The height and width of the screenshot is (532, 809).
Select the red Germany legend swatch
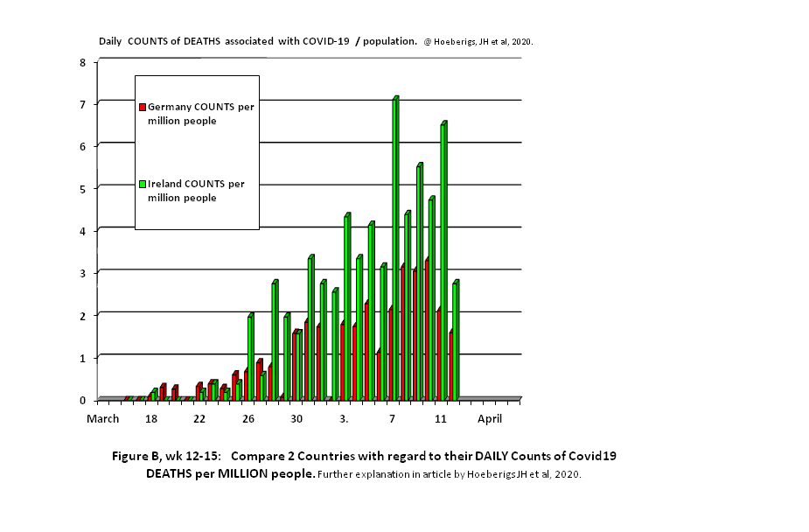(x=143, y=107)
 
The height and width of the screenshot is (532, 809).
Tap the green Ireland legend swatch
(x=143, y=184)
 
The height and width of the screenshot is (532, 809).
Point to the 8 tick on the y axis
(x=82, y=62)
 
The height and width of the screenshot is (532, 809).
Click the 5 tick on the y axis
(x=82, y=188)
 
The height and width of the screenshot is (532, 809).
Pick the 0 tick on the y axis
(x=82, y=400)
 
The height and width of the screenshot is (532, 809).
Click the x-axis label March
(x=102, y=419)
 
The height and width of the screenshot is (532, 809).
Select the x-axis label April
(x=490, y=419)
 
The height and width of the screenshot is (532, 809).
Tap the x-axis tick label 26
(x=248, y=419)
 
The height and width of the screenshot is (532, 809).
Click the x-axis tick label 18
(x=151, y=419)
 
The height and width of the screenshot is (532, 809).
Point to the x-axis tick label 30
(x=296, y=419)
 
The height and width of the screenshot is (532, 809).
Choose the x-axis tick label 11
(x=440, y=419)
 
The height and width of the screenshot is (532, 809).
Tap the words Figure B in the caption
(x=141, y=457)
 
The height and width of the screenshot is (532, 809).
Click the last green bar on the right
(x=456, y=340)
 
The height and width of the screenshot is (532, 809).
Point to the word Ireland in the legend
(x=165, y=184)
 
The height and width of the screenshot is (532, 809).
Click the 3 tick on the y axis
(x=82, y=273)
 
